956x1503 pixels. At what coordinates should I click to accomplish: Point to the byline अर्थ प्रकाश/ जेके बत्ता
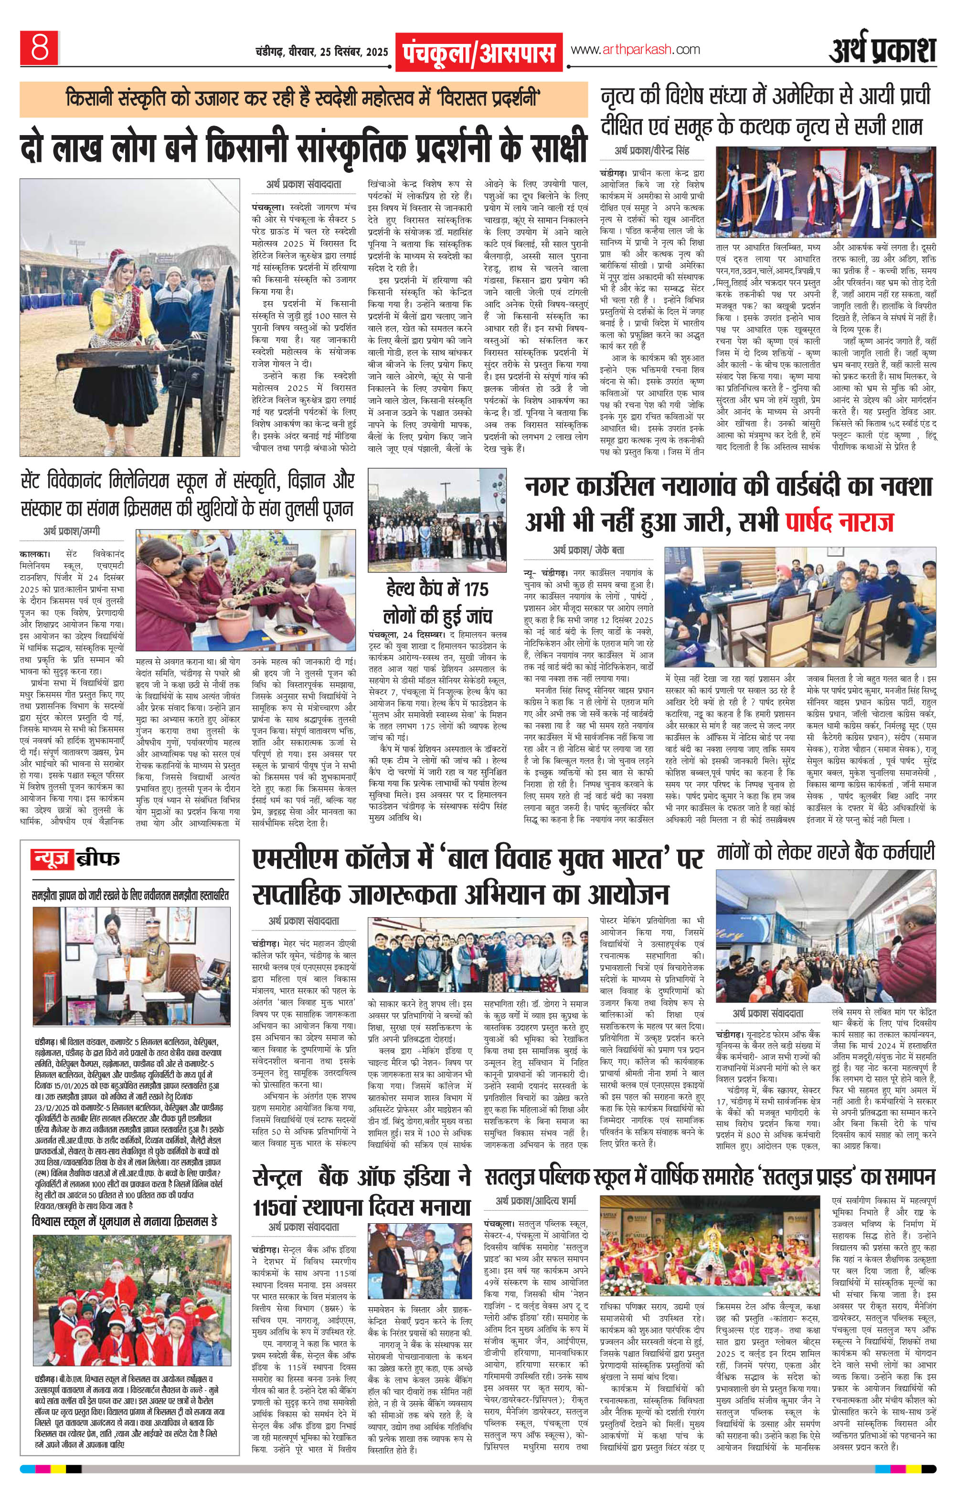(589, 550)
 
